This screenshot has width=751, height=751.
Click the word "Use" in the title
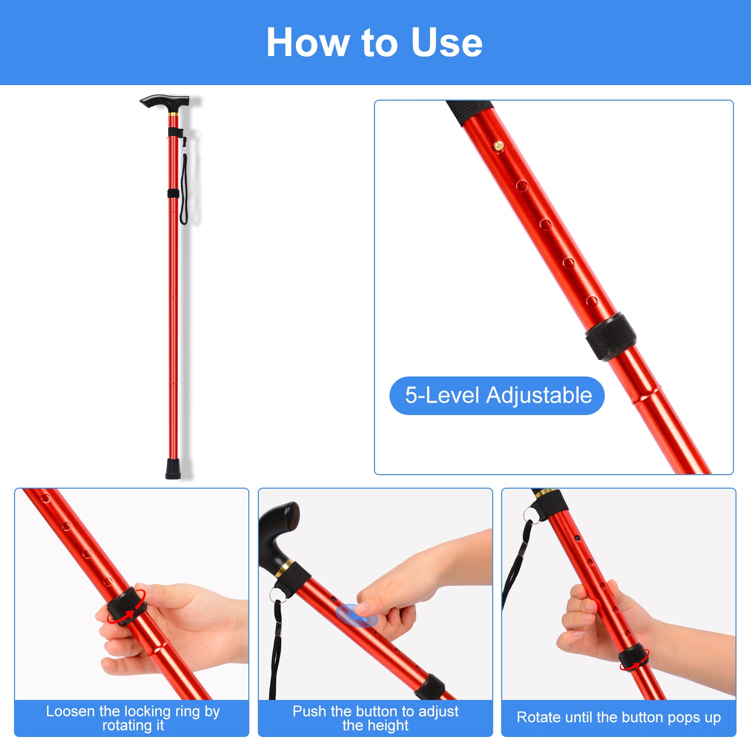(447, 43)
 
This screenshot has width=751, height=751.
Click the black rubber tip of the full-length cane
(173, 469)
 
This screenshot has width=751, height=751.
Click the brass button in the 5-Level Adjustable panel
(499, 146)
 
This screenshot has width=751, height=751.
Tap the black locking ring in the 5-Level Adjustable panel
(611, 337)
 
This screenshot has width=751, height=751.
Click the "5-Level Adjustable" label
(498, 396)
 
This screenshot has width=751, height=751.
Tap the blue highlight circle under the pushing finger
(356, 615)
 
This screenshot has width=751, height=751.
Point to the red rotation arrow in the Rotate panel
(634, 660)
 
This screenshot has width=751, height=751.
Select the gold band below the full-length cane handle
(173, 114)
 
